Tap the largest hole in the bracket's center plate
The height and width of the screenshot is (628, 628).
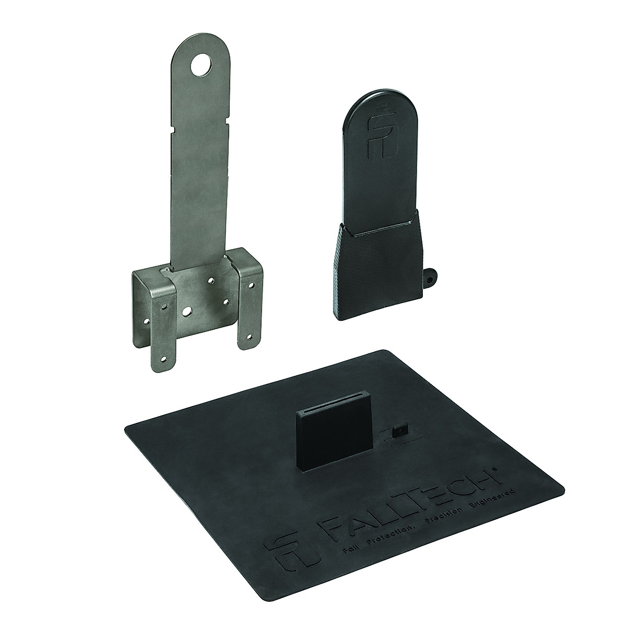(x=186, y=311)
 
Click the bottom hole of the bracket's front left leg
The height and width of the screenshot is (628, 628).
(x=164, y=360)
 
